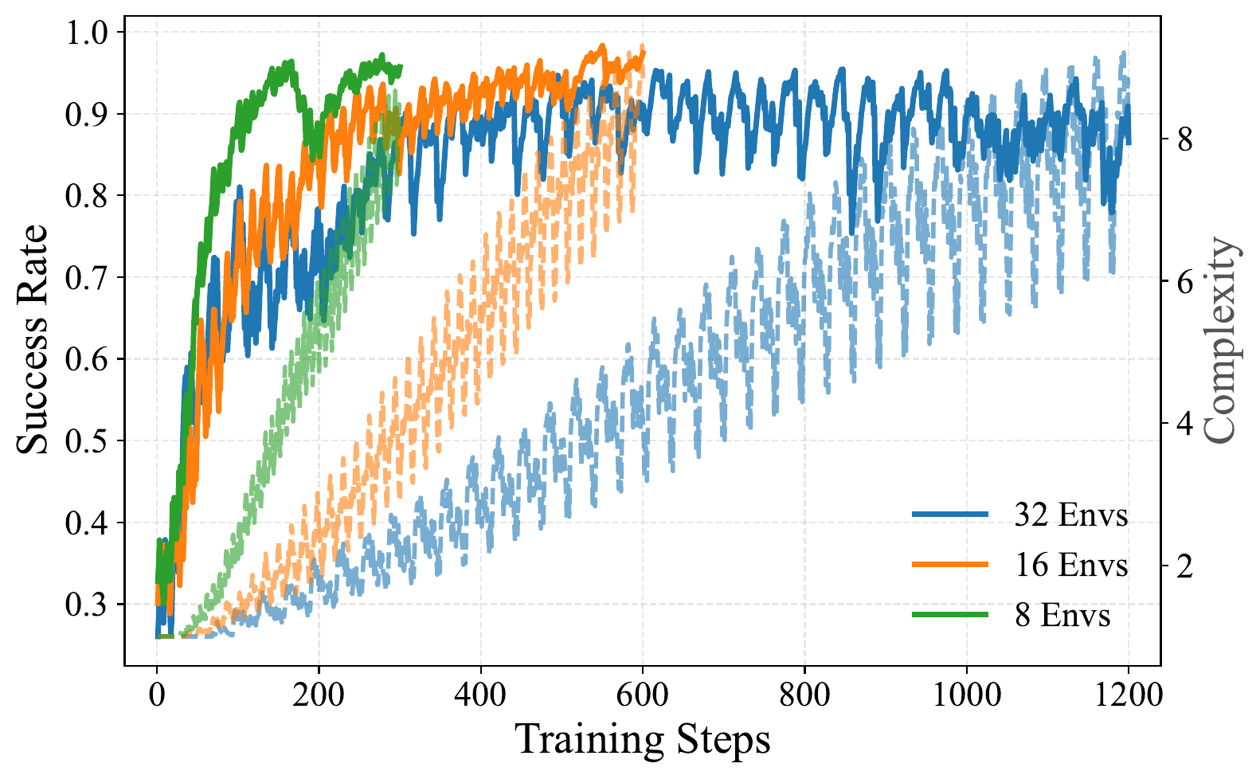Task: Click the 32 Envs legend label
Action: click(1071, 515)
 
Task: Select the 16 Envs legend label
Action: click(1071, 566)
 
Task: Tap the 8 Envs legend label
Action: click(1062, 616)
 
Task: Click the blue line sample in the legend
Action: click(950, 515)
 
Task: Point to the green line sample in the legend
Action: click(950, 615)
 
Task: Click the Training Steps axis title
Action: click(642, 740)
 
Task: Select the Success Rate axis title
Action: click(33, 340)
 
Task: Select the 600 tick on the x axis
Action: click(642, 695)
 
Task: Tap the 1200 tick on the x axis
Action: click(1128, 695)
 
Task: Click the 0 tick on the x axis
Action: click(157, 695)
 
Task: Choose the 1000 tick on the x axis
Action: click(966, 695)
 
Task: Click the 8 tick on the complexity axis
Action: click(1185, 140)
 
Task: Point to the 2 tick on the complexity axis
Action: click(1185, 566)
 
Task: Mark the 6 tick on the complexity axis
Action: click(1185, 282)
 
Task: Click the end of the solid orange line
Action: click(643, 53)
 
